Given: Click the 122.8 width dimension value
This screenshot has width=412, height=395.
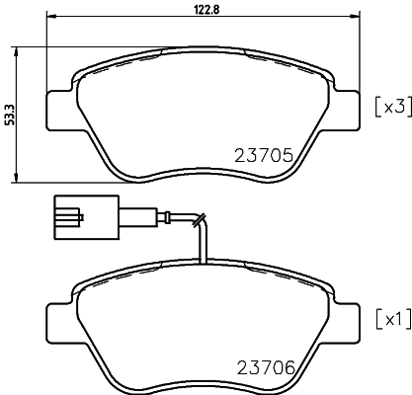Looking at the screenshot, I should pyautogui.click(x=205, y=10).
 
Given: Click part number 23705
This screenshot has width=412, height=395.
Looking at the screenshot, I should pyautogui.click(x=267, y=154).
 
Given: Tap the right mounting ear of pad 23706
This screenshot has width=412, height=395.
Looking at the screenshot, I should pyautogui.click(x=348, y=318).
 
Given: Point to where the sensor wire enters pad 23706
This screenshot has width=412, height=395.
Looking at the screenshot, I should pyautogui.click(x=204, y=266).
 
